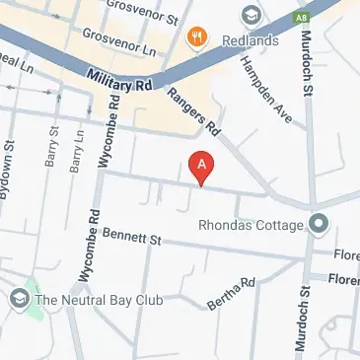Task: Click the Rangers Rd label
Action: coord(192,108)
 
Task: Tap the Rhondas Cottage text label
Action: coord(252,225)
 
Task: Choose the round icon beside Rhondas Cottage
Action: coord(319,225)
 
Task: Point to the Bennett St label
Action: coord(131,238)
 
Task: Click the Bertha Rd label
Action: coord(232,293)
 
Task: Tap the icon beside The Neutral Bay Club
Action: coord(19,298)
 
